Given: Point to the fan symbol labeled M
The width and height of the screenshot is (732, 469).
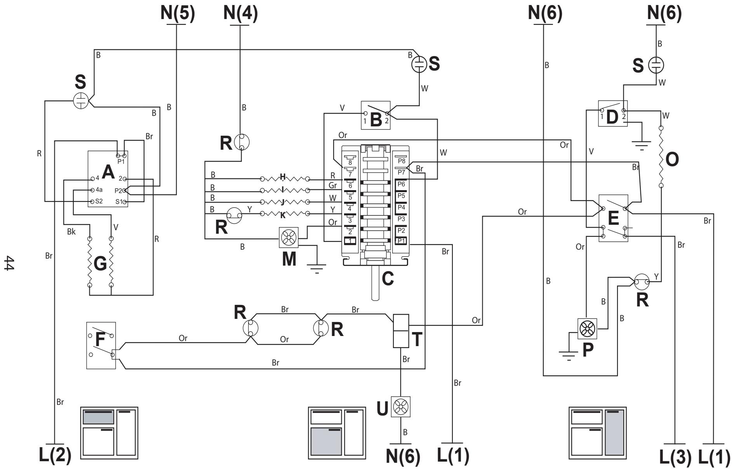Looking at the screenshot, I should [x=289, y=237].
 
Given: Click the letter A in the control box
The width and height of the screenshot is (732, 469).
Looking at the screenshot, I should [x=108, y=172].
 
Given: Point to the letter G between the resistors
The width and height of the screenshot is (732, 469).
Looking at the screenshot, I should [x=100, y=264].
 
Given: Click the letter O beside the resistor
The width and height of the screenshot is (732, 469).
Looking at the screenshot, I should [x=672, y=159].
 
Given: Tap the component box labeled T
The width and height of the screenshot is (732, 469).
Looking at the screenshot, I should [x=402, y=331].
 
